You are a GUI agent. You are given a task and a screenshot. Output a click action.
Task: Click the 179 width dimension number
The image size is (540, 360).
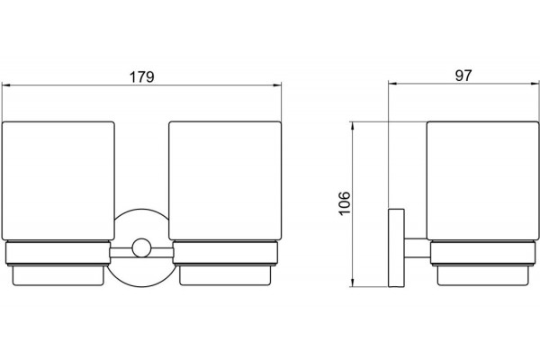tap(141, 77)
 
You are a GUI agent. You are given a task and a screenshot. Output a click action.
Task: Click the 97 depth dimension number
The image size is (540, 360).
tap(463, 76)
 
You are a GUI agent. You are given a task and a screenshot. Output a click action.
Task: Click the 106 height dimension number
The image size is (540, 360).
tap(345, 203)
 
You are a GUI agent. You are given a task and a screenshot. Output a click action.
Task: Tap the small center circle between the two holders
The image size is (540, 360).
tap(141, 247)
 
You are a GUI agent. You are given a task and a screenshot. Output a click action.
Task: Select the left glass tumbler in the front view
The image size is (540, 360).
tap(58, 181)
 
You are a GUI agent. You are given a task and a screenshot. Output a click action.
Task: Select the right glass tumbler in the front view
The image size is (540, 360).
tap(225, 181)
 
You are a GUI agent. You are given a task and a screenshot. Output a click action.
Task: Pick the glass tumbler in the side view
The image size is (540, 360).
tap(482, 181)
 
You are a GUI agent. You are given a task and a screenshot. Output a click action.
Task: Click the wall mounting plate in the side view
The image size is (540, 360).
tap(396, 247)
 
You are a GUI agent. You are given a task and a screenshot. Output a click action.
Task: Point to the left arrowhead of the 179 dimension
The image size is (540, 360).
tap(6, 85)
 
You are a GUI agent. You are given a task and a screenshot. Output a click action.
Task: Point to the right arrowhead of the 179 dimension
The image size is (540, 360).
tap(277, 85)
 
